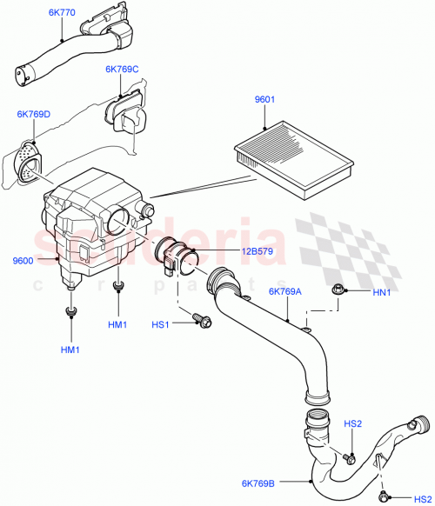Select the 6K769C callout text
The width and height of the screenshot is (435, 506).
pyautogui.click(x=122, y=69)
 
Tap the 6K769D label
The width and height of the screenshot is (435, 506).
pyautogui.click(x=33, y=114)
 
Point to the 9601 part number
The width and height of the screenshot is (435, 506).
pyautogui.click(x=264, y=100)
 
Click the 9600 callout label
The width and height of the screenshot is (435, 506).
pyautogui.click(x=23, y=260)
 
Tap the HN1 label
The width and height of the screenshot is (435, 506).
pyautogui.click(x=382, y=293)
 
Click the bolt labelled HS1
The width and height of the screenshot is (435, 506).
pyautogui.click(x=204, y=321)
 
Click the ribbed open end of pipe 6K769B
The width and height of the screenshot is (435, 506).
pyautogui.click(x=421, y=427)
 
